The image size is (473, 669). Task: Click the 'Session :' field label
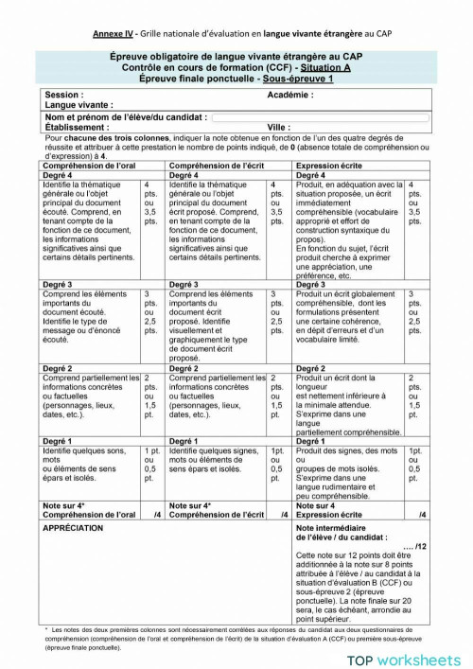pyautogui.click(x=63, y=96)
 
